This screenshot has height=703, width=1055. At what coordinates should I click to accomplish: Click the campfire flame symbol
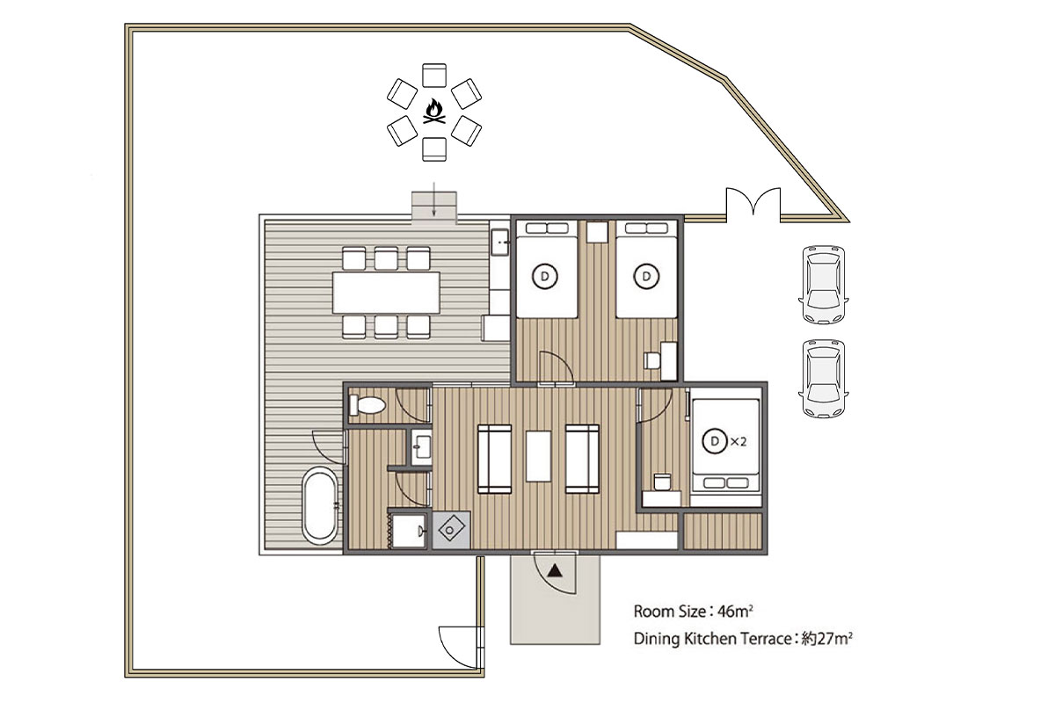pyautogui.click(x=433, y=112)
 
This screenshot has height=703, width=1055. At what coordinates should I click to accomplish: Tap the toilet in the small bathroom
pyautogui.click(x=367, y=405)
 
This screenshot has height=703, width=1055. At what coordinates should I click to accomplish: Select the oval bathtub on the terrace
pyautogui.click(x=320, y=504)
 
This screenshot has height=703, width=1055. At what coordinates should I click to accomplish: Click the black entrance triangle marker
pyautogui.click(x=556, y=571)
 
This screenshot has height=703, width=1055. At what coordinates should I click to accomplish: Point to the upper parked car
pyautogui.click(x=823, y=285)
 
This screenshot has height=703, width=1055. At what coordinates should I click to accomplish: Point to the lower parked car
pyautogui.click(x=823, y=379)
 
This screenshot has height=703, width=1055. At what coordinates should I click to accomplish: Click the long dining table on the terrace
pyautogui.click(x=386, y=293)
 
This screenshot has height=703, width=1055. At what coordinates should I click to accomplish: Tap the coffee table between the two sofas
pyautogui.click(x=538, y=456)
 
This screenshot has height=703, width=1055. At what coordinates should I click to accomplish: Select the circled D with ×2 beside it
pyautogui.click(x=715, y=441)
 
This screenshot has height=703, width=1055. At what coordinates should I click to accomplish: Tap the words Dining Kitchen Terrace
pyautogui.click(x=713, y=639)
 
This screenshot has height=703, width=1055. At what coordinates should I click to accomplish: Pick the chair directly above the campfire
pyautogui.click(x=433, y=76)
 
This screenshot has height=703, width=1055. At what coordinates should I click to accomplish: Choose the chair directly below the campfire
pyautogui.click(x=433, y=149)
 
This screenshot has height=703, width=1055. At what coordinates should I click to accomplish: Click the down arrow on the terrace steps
pyautogui.click(x=433, y=199)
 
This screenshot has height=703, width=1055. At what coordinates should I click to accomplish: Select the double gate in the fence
pyautogui.click(x=753, y=205)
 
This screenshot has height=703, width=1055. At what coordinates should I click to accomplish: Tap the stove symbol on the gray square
pyautogui.click(x=451, y=530)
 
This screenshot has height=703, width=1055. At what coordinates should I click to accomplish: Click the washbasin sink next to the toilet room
pyautogui.click(x=421, y=446)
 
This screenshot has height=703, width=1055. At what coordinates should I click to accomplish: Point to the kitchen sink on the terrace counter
pyautogui.click(x=499, y=242)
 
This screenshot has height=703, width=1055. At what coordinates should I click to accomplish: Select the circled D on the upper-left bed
pyautogui.click(x=545, y=277)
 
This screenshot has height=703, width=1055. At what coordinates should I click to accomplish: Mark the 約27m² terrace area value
pyautogui.click(x=827, y=639)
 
